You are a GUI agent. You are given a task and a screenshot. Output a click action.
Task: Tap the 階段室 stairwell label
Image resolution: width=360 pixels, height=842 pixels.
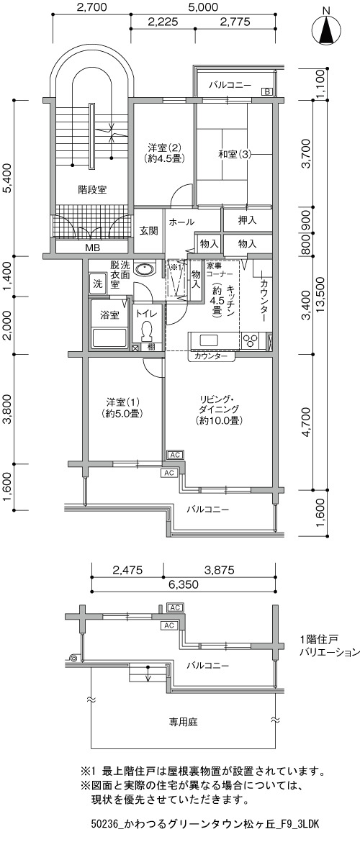pyautogui.click(x=92, y=189)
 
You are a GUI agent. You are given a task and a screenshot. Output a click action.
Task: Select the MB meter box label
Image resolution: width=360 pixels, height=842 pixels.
pyautogui.click(x=91, y=248)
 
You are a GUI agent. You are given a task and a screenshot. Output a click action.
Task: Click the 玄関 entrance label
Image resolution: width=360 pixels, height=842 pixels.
pyautogui.click(x=148, y=232)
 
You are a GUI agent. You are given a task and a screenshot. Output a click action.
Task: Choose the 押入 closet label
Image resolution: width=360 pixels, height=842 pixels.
pyautogui.click(x=247, y=219)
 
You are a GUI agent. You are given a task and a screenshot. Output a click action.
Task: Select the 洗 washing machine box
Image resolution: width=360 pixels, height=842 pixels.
pyautogui.click(x=97, y=282)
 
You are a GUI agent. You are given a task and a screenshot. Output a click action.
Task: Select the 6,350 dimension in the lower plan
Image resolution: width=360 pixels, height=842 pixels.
pyautogui.click(x=184, y=584)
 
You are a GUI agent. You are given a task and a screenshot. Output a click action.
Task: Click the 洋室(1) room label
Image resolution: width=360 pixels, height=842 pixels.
pyautogui.click(x=123, y=407)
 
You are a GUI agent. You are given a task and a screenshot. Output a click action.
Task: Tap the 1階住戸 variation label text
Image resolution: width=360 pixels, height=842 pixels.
pyautogui.click(x=329, y=646)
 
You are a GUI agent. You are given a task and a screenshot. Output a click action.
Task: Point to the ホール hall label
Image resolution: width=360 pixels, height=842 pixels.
pyautogui.click(x=181, y=222)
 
